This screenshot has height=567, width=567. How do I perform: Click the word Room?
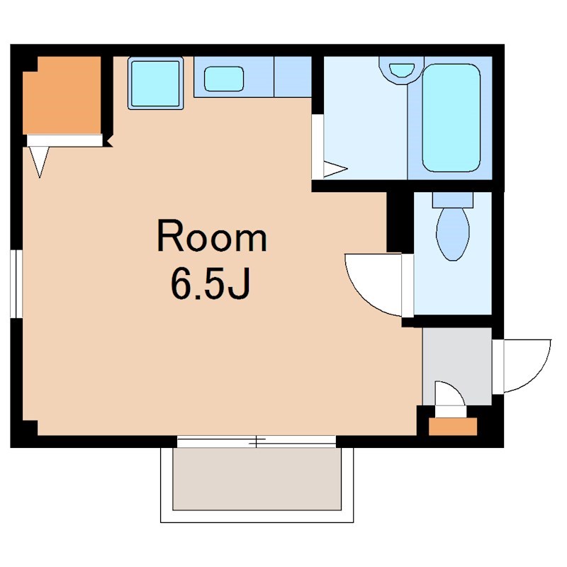coord(212,235)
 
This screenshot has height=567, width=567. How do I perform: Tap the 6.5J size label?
coord(210,283)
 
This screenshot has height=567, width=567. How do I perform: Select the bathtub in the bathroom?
coord(451,118)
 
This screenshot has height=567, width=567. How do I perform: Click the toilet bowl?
coord(453,234)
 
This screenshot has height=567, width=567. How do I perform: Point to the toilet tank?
coord(453,200)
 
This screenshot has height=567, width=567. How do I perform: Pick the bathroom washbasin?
coord(401,70)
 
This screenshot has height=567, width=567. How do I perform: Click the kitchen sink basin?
coord(224,79)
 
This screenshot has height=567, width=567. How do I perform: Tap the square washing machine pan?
coord(155,83)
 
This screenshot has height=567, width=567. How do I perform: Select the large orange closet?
coord(62,96)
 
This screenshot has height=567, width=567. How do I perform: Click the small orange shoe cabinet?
coord(453,427)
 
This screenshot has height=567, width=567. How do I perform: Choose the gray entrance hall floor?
coord(457,366)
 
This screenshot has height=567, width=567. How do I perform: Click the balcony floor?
coord(257,479)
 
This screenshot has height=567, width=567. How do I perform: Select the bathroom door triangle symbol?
coord(335,169)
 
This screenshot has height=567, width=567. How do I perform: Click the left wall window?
coord(16,284)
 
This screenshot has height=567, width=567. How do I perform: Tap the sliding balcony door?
coord(257,442)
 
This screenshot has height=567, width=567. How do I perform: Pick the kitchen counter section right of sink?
coord(293,77)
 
